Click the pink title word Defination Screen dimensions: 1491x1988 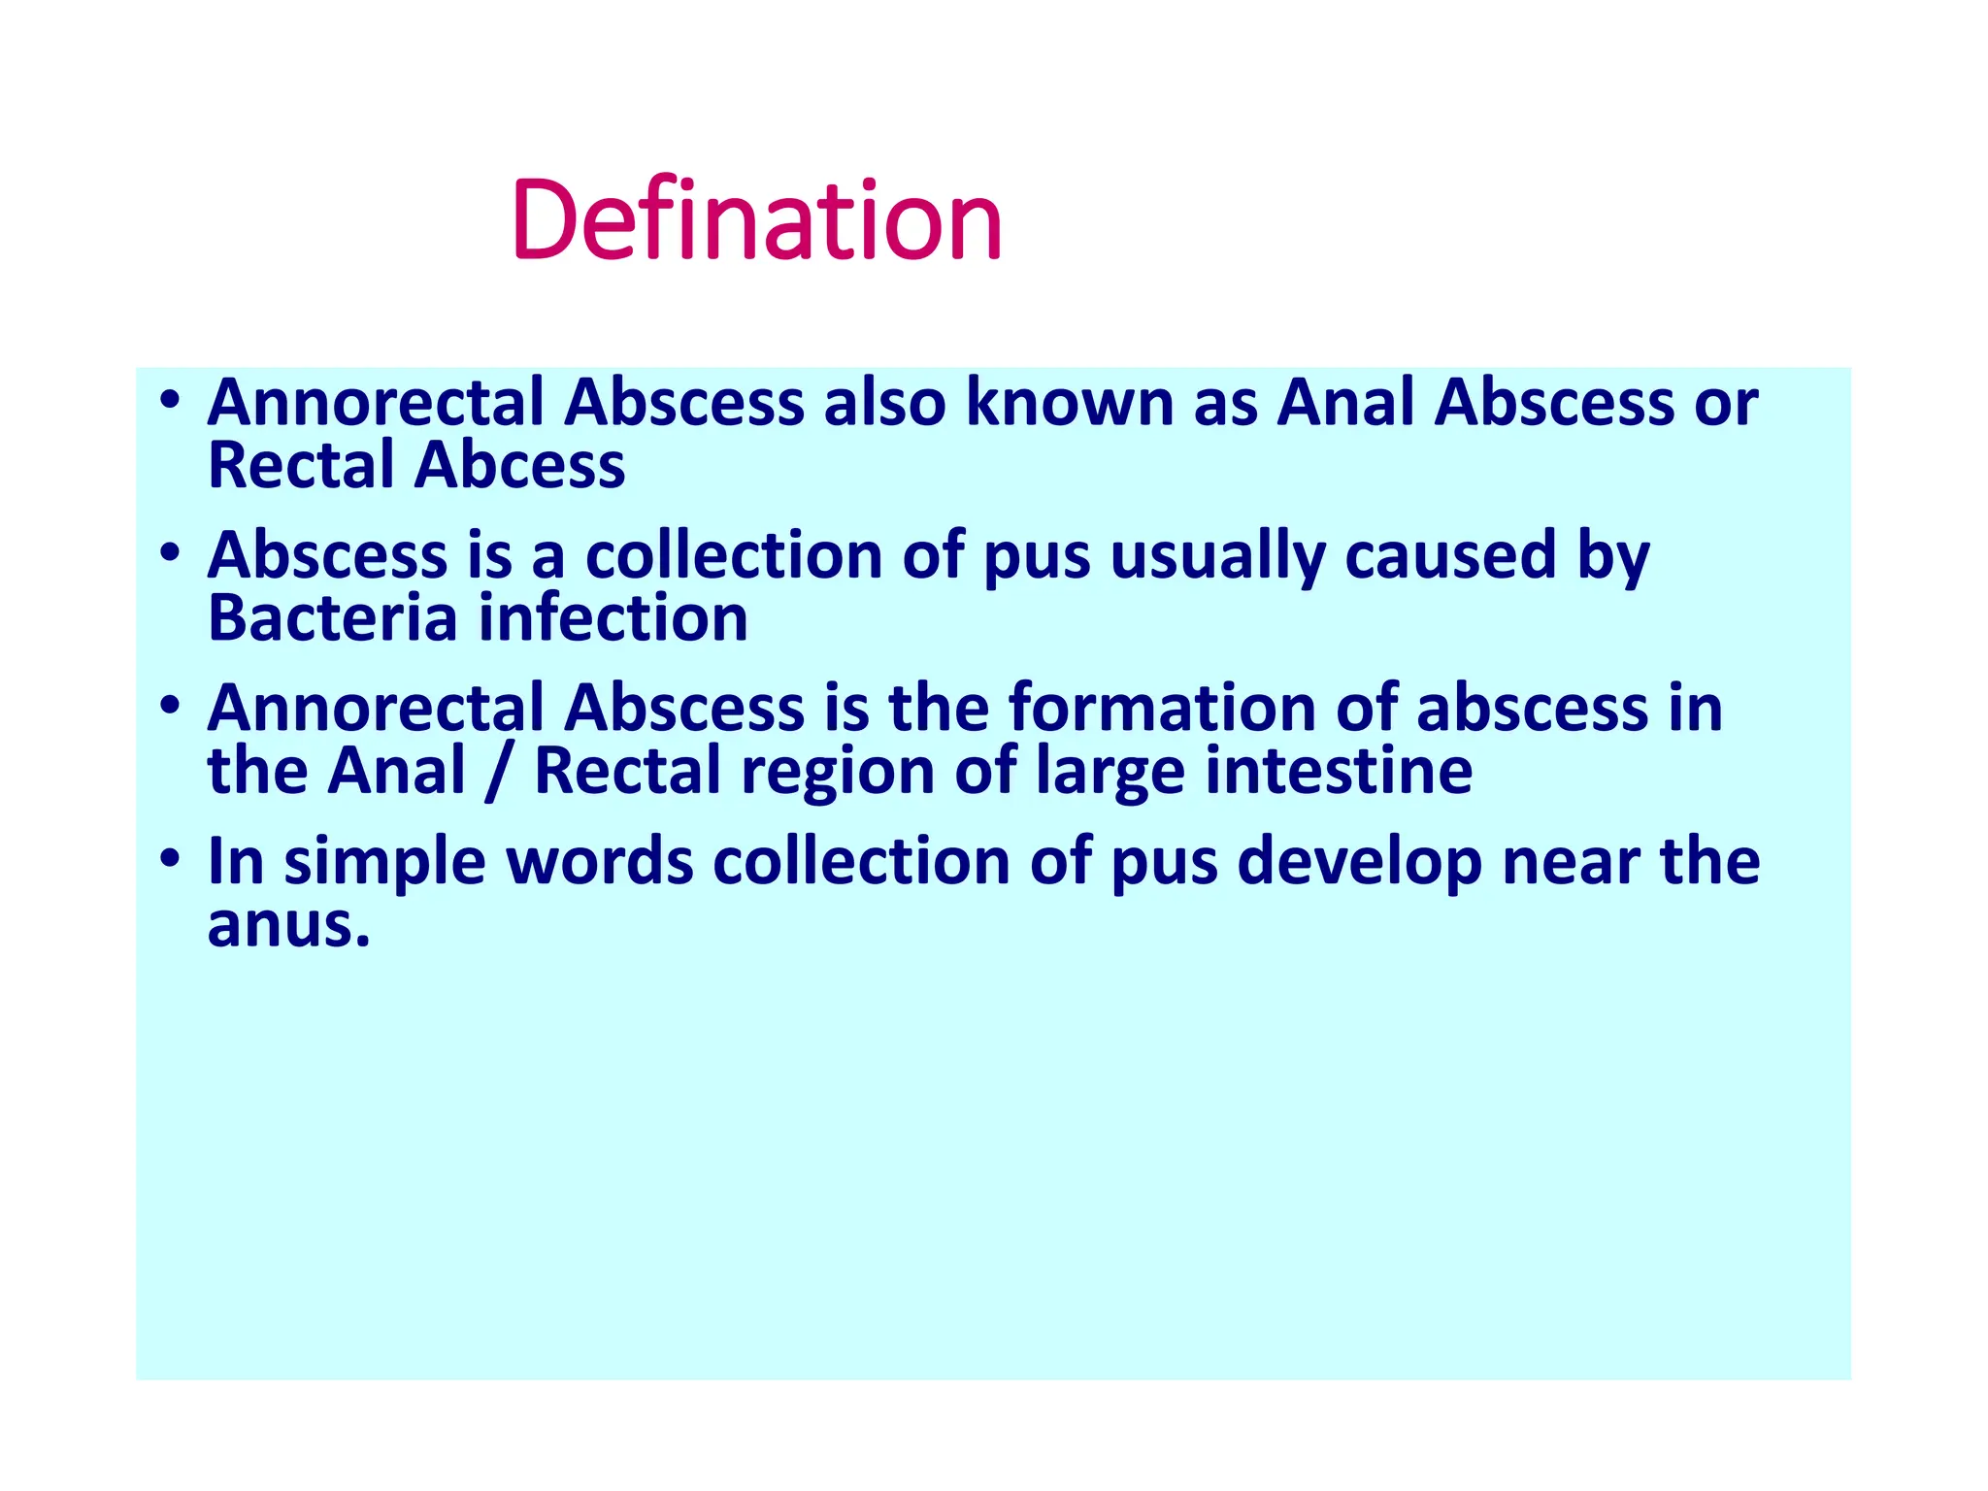tap(756, 220)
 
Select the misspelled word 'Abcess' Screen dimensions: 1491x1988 tap(519, 465)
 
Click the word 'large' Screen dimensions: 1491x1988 tap(1110, 772)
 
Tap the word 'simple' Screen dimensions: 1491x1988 tap(384, 862)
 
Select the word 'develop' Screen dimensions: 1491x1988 tap(1359, 862)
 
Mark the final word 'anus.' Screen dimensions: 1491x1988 tap(289, 924)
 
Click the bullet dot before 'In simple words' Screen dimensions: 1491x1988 tap(171, 858)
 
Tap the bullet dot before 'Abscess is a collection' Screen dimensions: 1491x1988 tap(171, 552)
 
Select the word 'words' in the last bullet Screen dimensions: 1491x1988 tap(599, 862)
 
